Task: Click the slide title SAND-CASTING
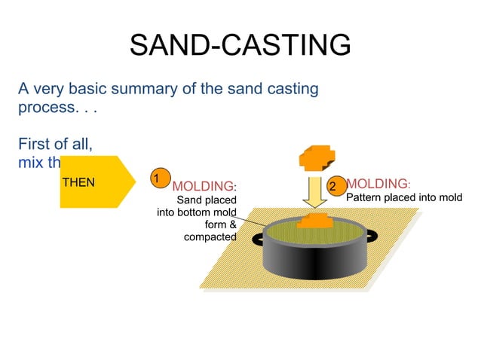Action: (240, 45)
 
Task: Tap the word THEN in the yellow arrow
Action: (78, 182)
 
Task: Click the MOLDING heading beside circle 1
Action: (203, 186)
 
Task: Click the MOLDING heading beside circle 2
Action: (377, 184)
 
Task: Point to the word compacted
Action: (210, 237)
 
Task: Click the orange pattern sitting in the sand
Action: (316, 221)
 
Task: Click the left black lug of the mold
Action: (258, 238)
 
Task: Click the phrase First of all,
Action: (56, 143)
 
